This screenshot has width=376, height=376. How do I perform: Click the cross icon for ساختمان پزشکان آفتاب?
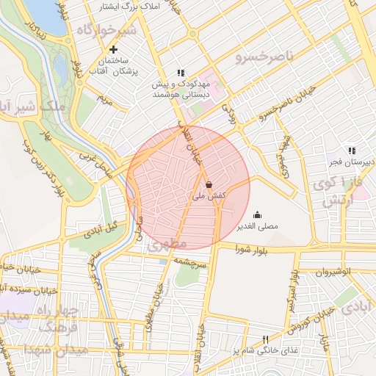click(x=113, y=49)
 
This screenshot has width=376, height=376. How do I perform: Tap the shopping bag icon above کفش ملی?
click(x=209, y=184)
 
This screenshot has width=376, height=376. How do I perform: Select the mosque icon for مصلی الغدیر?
click(x=258, y=215)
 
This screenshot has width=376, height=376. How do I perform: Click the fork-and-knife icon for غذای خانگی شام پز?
click(x=266, y=339)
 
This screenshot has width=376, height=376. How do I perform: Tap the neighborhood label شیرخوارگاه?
click(x=106, y=31)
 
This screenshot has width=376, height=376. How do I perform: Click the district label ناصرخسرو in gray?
click(x=264, y=56)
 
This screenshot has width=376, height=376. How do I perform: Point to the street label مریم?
click(x=106, y=99)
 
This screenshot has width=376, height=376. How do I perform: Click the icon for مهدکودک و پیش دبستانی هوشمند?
click(x=180, y=73)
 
